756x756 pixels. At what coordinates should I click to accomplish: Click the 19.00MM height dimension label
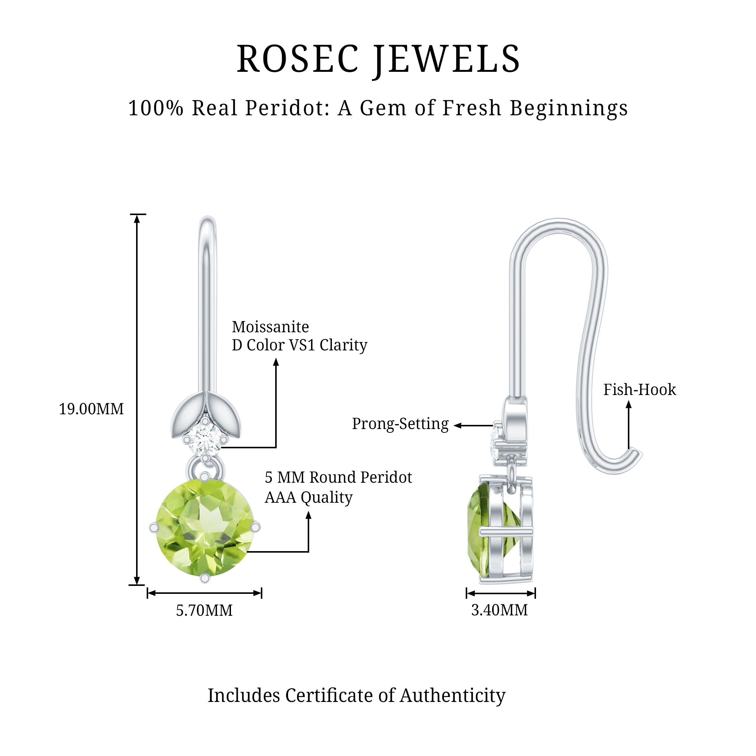click(x=91, y=409)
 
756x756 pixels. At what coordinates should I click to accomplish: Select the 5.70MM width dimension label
click(x=204, y=610)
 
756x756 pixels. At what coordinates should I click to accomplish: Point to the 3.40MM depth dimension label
click(x=500, y=610)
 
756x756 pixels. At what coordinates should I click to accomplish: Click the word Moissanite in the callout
click(x=270, y=327)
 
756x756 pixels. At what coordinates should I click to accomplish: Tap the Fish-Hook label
click(x=640, y=390)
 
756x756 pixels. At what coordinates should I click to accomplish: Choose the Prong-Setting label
click(x=400, y=424)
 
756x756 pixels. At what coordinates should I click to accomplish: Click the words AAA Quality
click(x=308, y=497)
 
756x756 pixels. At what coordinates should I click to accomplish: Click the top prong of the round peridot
click(x=204, y=477)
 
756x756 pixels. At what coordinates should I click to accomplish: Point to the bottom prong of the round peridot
click(x=204, y=578)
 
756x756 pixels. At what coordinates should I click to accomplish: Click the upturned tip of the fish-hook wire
click(x=637, y=455)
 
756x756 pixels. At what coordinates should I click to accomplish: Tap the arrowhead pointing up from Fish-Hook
click(x=629, y=405)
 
